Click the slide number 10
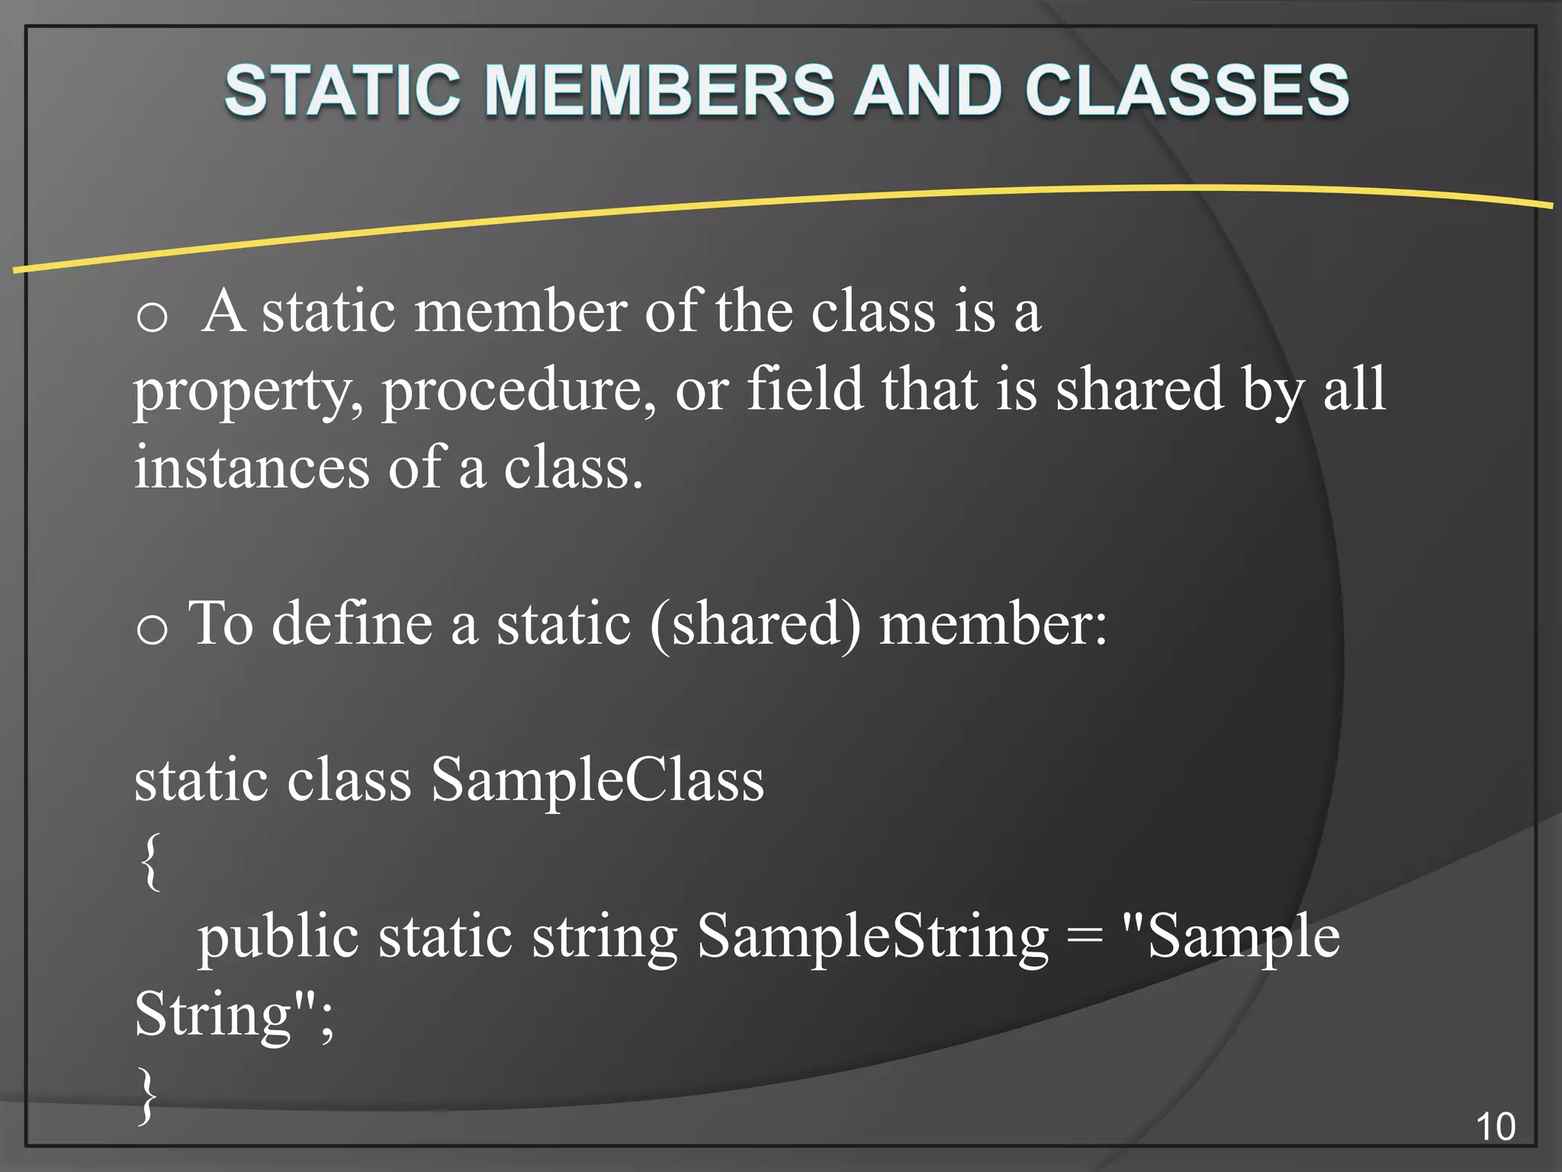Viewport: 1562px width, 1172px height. pyautogui.click(x=1496, y=1127)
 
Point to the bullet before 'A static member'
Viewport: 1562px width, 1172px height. pyautogui.click(x=152, y=316)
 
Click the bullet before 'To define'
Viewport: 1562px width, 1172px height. pyautogui.click(x=152, y=629)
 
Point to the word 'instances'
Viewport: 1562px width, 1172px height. pyautogui.click(x=252, y=468)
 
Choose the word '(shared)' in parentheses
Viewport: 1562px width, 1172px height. pyautogui.click(x=755, y=624)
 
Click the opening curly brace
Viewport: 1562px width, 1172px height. pyautogui.click(x=150, y=861)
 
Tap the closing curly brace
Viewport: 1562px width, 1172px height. pyautogui.click(x=147, y=1096)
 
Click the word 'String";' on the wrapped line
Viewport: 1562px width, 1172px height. pyautogui.click(x=233, y=1016)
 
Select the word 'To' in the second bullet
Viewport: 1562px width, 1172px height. pyautogui.click(x=220, y=624)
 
